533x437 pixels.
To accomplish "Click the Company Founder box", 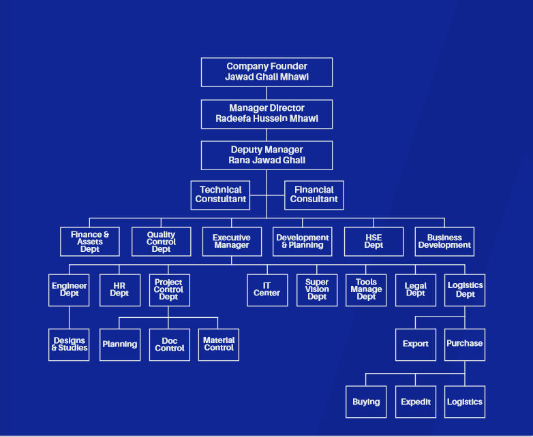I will [266, 72].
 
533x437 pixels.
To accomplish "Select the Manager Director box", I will [266, 114].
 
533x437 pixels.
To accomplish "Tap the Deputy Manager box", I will [266, 155].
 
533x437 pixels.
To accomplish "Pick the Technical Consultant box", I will [220, 195].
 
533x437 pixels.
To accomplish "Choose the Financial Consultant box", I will [314, 195].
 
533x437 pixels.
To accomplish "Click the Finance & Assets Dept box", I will [90, 242].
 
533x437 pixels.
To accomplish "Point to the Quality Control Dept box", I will [161, 242].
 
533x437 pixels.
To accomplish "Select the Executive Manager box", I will [232, 242].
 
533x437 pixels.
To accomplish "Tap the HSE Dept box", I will [374, 242].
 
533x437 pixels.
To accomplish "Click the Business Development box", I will [444, 242].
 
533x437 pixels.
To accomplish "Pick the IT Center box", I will [267, 290].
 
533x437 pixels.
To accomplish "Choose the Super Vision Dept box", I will [317, 290].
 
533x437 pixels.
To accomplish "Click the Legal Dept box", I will [416, 290].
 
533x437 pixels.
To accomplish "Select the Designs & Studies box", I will [69, 344].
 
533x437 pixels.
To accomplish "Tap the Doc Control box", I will [170, 344].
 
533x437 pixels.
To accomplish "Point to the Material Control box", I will [219, 344].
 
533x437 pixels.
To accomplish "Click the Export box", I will [416, 344].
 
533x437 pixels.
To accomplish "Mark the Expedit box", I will [416, 402].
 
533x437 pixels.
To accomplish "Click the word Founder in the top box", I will [288, 67].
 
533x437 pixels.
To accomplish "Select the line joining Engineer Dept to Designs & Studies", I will [69, 317].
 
